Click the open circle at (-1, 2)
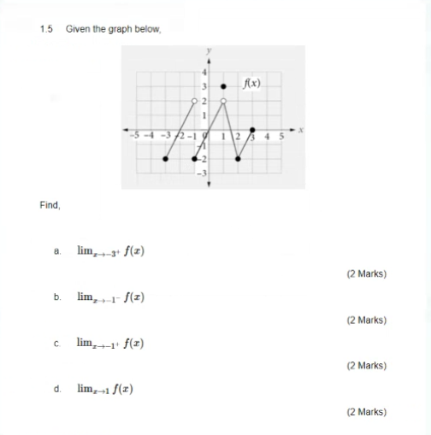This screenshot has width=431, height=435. [x=195, y=102]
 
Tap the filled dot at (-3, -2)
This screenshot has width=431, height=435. [x=166, y=159]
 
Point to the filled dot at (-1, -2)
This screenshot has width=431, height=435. [x=195, y=159]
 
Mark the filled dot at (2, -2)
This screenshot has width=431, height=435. [x=238, y=159]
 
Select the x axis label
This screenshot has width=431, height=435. [x=301, y=131]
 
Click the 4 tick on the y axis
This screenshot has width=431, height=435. [x=204, y=73]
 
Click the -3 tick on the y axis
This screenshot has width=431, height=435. [x=202, y=173]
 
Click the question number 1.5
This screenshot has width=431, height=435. [x=46, y=29]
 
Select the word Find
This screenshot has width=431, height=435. [x=49, y=205]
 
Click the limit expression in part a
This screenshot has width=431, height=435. [x=110, y=251]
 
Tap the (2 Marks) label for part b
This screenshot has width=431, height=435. [x=366, y=320]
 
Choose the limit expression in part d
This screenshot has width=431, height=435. [x=104, y=389]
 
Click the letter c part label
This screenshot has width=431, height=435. [x=56, y=344]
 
